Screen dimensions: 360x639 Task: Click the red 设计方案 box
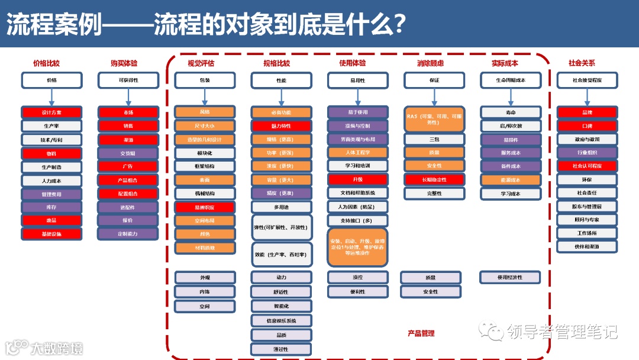point(51,112)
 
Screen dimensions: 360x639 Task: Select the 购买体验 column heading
point(124,63)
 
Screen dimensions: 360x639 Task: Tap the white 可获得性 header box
point(128,80)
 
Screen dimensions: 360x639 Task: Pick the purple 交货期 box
point(128,153)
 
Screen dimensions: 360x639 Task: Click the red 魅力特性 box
point(281,126)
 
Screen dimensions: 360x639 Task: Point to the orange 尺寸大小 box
point(205,126)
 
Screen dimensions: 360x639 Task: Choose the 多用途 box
point(281,207)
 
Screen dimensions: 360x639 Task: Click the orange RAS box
point(434,119)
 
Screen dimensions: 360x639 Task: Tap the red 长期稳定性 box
point(434,179)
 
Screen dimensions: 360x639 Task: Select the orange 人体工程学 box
point(357,153)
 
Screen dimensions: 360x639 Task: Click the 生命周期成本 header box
point(510,80)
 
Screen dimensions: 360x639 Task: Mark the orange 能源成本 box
point(510,180)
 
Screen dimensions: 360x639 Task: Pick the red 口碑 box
point(587,126)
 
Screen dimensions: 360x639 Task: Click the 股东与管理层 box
point(587,207)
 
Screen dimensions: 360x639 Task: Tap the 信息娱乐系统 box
point(281,321)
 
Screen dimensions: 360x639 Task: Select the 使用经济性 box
point(510,277)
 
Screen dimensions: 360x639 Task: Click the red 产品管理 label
point(421,333)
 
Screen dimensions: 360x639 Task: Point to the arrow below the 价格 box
point(51,97)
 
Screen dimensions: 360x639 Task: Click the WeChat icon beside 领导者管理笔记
point(493,330)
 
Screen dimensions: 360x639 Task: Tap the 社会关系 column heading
point(582,63)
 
